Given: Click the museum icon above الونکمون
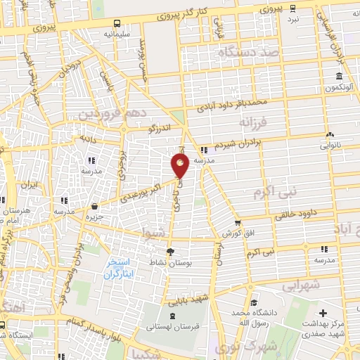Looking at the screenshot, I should (x=340, y=76).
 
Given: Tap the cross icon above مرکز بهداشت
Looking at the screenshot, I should (x=323, y=313).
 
